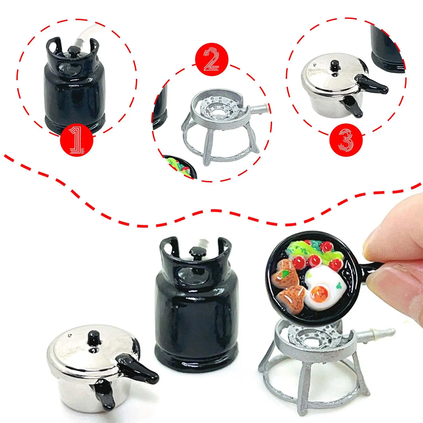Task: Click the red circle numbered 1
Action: point(77,140)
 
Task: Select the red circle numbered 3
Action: point(346,140)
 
